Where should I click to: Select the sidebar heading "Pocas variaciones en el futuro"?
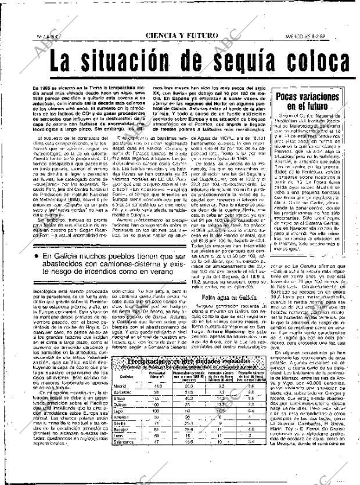(x=307, y=102)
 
